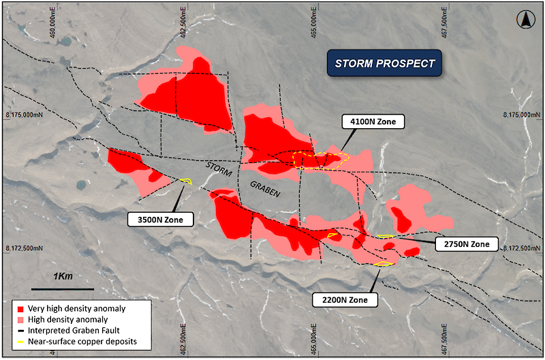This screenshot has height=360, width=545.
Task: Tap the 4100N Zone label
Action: coord(373,122)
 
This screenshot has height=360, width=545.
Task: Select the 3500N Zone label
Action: coord(161,220)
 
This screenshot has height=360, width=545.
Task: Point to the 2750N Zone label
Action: coord(466,244)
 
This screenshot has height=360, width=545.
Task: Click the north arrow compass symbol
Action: coord(525,20)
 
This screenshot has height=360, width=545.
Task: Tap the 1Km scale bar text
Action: coord(62,276)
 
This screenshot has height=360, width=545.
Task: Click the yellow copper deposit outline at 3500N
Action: coord(186,181)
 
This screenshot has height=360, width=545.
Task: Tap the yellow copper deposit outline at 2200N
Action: coord(384,264)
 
